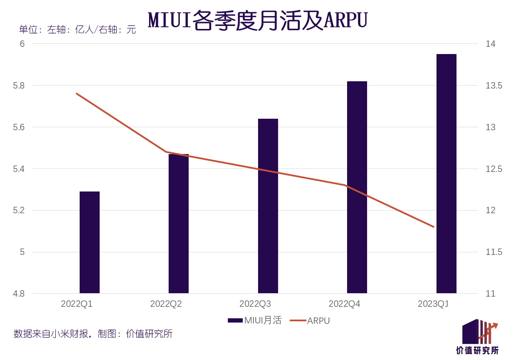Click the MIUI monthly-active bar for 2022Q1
pos(89,243)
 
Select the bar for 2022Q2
pos(178,224)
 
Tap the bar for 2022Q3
pos(268,206)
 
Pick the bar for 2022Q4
pos(357,187)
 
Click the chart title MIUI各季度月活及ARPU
pos(258,20)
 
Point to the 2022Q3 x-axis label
pos(255,304)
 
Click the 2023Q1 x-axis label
pos(434,304)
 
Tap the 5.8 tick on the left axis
pos(19,86)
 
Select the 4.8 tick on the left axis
pos(19,294)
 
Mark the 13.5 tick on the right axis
pos(494,86)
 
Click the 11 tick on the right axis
pos(491,294)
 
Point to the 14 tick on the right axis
pos(491,44)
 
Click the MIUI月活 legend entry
pos(255,320)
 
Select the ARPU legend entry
pos(310,321)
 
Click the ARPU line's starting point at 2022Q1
pos(77,94)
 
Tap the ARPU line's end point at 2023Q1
pos(434,227)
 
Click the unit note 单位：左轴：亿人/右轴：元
pos(78,30)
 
